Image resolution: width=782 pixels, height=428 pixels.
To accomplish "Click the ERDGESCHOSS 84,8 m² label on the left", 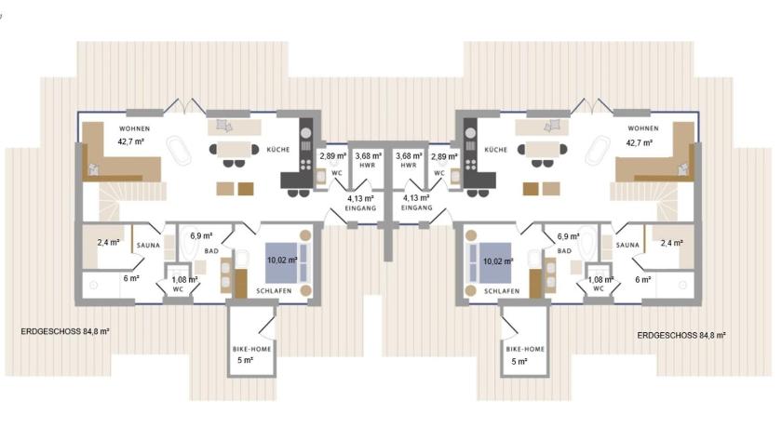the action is coord(65,331).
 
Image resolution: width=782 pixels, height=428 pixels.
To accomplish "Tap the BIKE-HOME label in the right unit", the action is coord(525,349).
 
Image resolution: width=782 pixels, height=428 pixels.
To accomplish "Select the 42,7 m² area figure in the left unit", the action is coord(130,141).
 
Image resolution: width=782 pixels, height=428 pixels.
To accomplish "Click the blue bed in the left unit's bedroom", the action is coord(288,262).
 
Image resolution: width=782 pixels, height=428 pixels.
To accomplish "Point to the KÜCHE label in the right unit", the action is coord(495,150).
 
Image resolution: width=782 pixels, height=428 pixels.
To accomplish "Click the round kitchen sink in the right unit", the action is coord(470,133).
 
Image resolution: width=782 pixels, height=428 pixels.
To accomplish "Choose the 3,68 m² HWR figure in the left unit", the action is coord(369,156).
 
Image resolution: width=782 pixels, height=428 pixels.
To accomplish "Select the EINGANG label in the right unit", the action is coord(416,208).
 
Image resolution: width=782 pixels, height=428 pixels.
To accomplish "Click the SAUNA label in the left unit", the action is coord(148,245).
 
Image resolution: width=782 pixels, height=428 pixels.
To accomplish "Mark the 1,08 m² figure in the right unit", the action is coord(600,280).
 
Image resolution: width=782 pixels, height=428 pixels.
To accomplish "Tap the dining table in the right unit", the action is coord(543,150).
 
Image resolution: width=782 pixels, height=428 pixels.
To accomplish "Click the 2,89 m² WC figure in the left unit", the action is coord(333,156).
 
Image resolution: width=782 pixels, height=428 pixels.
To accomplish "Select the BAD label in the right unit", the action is coord(564,250).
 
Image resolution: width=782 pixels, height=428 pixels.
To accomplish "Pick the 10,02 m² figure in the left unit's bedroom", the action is coord(282,261).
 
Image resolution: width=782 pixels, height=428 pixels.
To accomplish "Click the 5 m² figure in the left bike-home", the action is coord(245,360).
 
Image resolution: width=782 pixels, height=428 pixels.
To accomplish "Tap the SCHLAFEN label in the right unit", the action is coord(502,291).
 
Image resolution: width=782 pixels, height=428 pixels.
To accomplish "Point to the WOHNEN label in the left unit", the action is coord(135,128).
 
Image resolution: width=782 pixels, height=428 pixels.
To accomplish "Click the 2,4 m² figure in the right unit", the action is coord(672,243).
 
